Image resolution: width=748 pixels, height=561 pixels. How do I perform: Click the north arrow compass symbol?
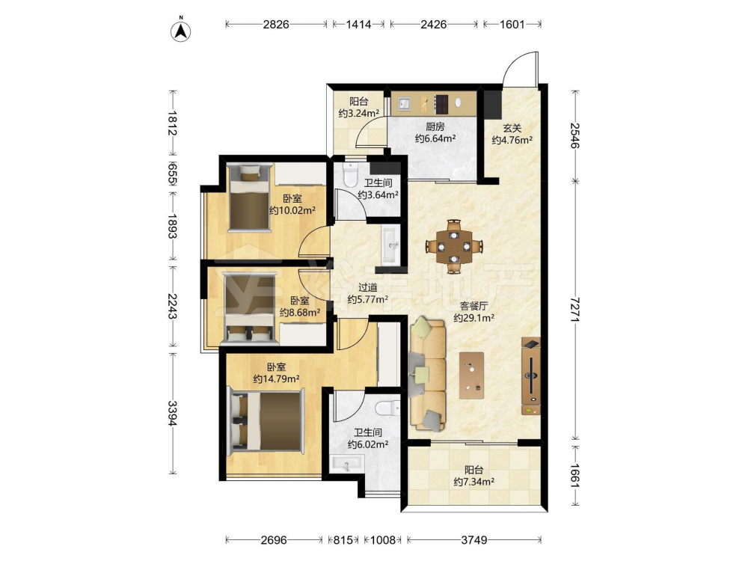181,29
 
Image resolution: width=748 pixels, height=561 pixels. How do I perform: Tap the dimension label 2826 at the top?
276,25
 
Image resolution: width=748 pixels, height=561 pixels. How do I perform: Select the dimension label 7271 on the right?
576,310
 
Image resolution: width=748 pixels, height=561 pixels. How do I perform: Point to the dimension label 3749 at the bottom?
473,540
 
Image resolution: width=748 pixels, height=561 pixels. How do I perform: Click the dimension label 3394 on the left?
173,414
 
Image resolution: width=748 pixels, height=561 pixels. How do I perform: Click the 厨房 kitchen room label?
435,127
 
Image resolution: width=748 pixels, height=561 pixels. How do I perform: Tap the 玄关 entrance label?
512,129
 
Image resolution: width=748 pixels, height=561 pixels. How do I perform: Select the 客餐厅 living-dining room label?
473,306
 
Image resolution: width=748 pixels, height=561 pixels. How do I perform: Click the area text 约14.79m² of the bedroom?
276,379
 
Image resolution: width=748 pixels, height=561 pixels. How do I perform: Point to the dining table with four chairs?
454,246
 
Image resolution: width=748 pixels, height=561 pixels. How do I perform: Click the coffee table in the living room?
471,375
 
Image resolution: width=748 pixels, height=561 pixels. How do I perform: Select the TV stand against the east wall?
531,376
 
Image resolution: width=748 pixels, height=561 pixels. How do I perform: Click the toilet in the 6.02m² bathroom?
387,408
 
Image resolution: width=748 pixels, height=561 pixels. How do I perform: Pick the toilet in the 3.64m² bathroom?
351,174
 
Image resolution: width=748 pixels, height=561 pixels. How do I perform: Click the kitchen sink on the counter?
405,103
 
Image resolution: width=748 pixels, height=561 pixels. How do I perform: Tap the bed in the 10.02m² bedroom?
248,197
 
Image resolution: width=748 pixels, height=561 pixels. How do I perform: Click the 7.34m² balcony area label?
473,482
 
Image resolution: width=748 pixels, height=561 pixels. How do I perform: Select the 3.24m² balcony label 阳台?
359,101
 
